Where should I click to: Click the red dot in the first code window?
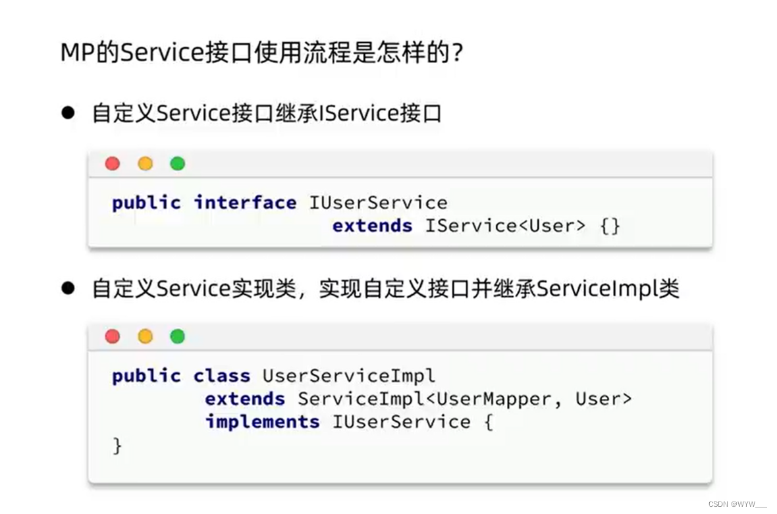click(x=113, y=164)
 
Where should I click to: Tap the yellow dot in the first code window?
click(x=145, y=164)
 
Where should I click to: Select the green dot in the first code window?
click(x=177, y=164)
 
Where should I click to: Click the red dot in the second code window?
click(x=113, y=337)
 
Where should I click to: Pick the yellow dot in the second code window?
click(x=145, y=337)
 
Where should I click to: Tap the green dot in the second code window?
click(x=177, y=337)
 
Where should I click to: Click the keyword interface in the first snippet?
click(x=245, y=203)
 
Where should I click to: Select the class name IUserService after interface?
click(x=378, y=203)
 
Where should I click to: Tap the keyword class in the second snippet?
click(x=222, y=376)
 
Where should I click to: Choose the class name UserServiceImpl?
click(x=349, y=376)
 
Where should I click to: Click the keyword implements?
click(x=262, y=421)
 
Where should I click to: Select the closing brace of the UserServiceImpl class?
click(x=117, y=446)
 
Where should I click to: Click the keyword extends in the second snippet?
click(x=245, y=399)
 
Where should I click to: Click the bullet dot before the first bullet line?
click(x=68, y=113)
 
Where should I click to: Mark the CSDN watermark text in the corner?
click(x=737, y=503)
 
